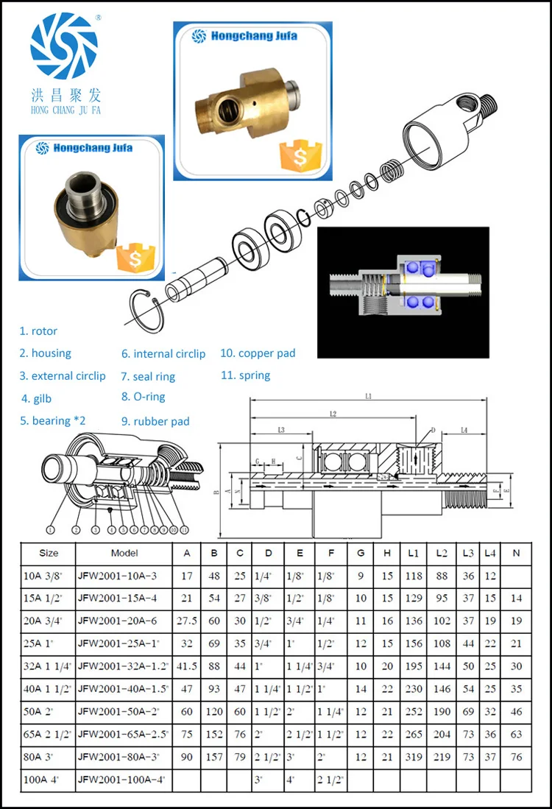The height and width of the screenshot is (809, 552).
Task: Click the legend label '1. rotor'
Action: tap(38, 331)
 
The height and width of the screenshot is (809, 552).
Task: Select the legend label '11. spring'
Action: tap(246, 375)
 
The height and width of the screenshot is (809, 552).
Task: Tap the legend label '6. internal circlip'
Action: tap(163, 354)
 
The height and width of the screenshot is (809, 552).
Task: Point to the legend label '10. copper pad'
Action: tap(258, 353)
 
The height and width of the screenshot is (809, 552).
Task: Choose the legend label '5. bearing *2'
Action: tap(52, 421)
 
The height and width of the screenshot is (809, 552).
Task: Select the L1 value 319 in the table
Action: tap(413, 757)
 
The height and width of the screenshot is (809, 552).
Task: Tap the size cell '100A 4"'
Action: tap(41, 780)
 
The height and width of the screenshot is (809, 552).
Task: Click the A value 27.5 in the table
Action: tap(187, 621)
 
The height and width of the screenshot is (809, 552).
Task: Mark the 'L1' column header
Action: tap(413, 553)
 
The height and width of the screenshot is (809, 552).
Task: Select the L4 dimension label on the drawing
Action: tap(464, 429)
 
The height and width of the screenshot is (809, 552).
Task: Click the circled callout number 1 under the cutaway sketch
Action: tap(50, 529)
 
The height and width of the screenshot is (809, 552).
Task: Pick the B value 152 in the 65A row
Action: tap(214, 735)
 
